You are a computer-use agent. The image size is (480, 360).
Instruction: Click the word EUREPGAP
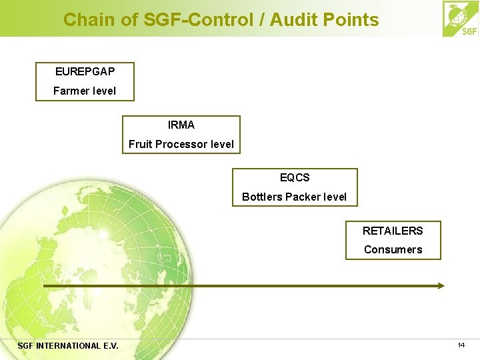(85, 71)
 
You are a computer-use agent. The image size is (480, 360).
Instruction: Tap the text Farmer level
(85, 91)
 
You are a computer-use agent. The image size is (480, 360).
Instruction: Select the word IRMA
(181, 125)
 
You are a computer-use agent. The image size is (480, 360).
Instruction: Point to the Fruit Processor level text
(181, 144)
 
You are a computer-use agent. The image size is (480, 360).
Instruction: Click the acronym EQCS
(295, 178)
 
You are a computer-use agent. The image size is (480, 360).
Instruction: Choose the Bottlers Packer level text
(295, 197)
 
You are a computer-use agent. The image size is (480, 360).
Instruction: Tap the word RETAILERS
(393, 231)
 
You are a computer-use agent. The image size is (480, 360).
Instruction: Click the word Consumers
(393, 249)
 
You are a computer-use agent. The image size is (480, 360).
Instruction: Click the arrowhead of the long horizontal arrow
(440, 285)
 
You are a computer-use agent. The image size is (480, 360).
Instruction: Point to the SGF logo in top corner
(460, 19)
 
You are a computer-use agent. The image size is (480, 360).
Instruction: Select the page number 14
(461, 345)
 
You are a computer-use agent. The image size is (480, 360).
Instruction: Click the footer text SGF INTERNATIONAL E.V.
(68, 345)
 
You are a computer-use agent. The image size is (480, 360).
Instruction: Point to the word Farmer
(69, 91)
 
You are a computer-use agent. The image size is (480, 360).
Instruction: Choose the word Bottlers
(262, 197)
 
